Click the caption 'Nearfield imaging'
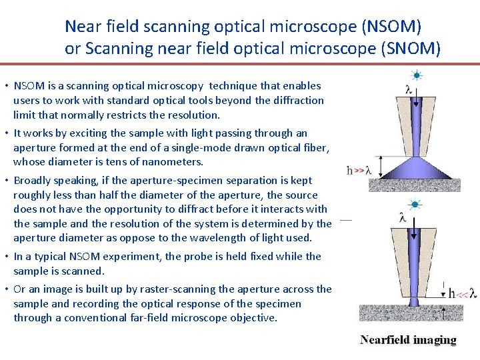(408, 340)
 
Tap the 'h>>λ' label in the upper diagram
(359, 170)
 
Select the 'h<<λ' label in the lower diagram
(462, 293)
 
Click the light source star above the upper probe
(417, 75)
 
